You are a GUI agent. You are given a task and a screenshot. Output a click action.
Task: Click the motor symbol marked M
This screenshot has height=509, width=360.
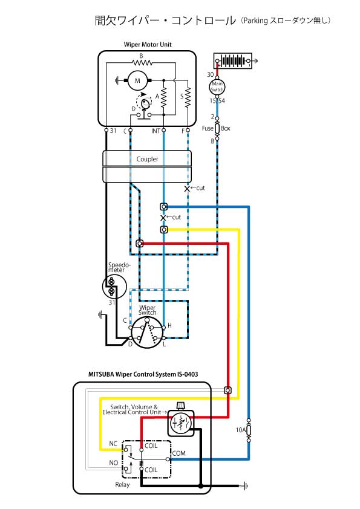tap(137, 80)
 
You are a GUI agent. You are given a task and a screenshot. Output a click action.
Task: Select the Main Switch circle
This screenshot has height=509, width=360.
tap(217, 86)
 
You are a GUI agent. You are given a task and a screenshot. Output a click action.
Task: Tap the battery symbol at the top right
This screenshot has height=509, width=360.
tap(233, 60)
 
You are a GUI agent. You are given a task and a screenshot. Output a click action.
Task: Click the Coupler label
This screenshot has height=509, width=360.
tap(147, 159)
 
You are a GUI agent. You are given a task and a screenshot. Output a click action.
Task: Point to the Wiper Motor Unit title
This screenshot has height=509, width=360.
tap(148, 45)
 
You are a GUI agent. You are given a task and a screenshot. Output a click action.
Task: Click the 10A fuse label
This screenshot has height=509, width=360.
tap(240, 430)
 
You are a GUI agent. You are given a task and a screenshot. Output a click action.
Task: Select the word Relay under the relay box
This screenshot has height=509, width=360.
tap(122, 485)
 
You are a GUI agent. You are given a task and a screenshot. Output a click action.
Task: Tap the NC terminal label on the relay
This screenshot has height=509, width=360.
tap(113, 444)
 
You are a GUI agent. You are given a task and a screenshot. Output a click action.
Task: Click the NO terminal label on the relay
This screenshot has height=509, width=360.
tap(113, 462)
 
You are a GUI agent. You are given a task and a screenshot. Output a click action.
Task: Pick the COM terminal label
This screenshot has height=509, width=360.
tap(178, 453)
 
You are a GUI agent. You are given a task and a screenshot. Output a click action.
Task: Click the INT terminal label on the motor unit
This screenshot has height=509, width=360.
tap(155, 131)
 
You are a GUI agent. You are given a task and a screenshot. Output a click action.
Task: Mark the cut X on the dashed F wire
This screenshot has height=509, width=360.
tap(187, 189)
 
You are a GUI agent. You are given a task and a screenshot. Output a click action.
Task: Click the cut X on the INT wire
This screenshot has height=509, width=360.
tap(163, 218)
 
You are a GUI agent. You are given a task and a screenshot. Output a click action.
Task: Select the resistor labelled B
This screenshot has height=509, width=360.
tap(142, 62)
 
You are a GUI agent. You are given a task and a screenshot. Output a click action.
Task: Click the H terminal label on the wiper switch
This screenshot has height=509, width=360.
tap(169, 325)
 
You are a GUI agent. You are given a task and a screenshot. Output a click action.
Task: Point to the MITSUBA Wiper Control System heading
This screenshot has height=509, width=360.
tap(143, 374)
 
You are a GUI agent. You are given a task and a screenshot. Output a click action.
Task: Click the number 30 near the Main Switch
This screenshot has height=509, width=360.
tap(211, 75)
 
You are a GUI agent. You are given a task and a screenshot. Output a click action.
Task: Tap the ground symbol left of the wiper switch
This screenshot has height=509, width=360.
tap(100, 314)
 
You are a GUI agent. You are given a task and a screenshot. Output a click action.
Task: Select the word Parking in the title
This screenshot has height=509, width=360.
tap(255, 21)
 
